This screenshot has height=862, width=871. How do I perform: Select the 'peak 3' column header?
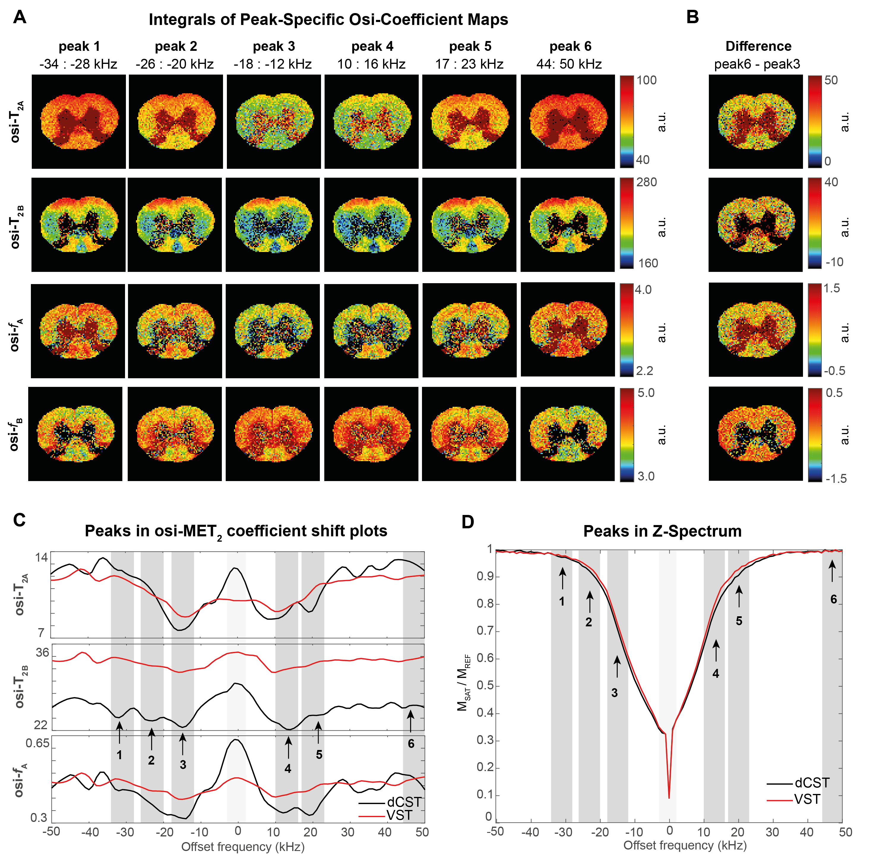click(274, 46)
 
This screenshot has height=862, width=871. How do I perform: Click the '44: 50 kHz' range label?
click(569, 64)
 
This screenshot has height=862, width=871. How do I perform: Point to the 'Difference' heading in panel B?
click(758, 46)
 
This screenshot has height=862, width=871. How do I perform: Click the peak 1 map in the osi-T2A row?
click(79, 122)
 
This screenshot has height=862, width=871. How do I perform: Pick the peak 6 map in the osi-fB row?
click(568, 434)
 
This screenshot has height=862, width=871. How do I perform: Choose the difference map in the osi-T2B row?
click(755, 225)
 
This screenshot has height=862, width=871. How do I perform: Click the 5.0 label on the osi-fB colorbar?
click(646, 393)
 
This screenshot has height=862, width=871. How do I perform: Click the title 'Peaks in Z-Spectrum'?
click(662, 531)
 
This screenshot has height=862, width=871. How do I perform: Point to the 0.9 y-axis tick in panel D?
click(485, 576)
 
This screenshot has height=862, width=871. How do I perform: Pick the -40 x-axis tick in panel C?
click(90, 831)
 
